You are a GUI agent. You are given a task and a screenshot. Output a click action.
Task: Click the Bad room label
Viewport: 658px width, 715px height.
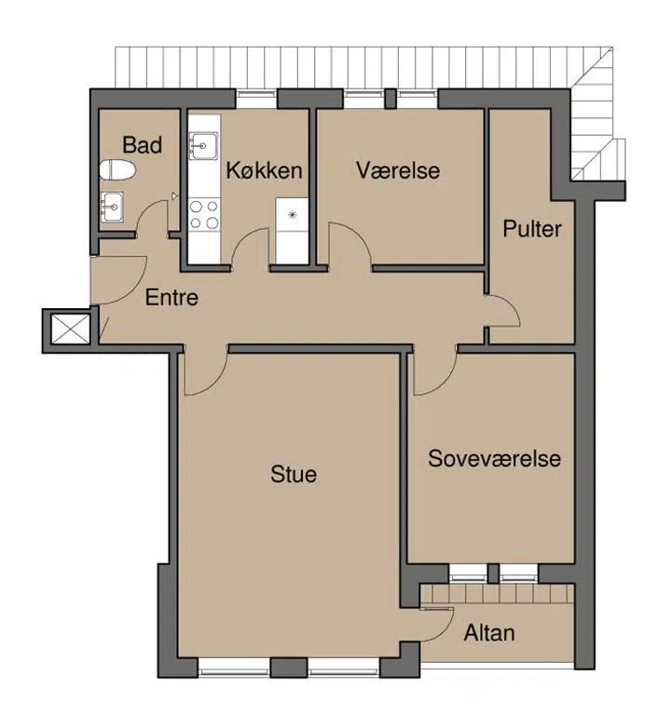[x=142, y=145]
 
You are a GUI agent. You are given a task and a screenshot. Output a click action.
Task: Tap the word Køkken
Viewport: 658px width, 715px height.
[x=265, y=170]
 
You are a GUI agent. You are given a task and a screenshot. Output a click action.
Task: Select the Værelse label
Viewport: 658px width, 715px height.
[x=398, y=170]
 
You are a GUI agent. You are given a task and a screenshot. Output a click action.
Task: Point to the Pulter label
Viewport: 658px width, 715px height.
[x=532, y=228]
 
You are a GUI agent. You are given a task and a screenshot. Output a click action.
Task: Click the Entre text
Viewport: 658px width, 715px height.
[x=171, y=298]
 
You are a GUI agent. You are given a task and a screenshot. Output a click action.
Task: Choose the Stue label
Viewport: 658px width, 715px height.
[x=294, y=474]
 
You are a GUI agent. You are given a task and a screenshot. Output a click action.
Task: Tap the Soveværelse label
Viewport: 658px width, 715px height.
[x=495, y=458]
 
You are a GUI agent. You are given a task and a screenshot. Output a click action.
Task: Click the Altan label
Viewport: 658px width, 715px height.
[x=489, y=633]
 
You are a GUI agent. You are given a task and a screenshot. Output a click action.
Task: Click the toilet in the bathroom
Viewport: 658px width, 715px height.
[x=117, y=170]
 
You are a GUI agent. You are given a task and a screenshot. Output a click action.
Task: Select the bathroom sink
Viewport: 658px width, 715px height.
[x=112, y=207]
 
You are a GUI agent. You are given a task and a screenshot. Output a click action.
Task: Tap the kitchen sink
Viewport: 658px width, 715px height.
[x=204, y=146]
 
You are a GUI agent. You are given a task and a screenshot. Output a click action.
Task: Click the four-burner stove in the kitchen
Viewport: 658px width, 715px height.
[x=204, y=214]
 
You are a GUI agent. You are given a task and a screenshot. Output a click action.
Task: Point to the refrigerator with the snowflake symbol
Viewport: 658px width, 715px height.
[x=292, y=230]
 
